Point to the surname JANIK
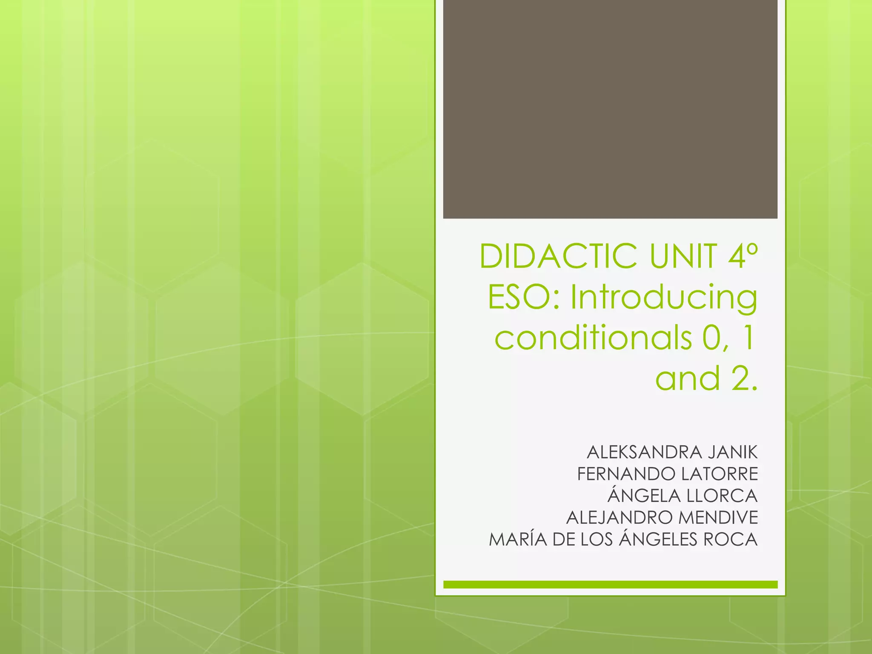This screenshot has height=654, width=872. (x=733, y=453)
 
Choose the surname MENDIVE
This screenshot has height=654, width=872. (x=718, y=518)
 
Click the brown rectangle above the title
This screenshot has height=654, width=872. (x=610, y=109)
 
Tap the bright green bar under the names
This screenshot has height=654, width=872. (x=610, y=585)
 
